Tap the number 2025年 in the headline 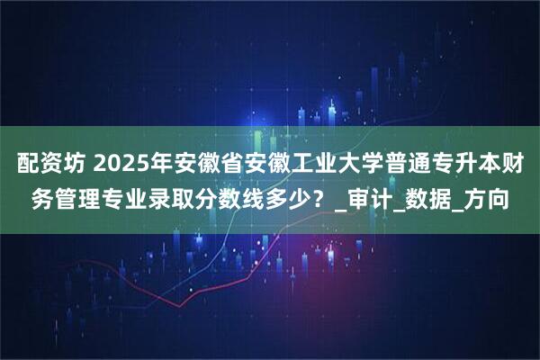(x=135, y=166)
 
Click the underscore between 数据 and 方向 (x=467, y=212)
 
